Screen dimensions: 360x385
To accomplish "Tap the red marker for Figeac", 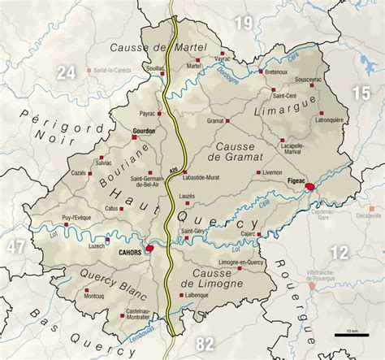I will (309, 189).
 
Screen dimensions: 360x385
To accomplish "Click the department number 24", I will (67, 73).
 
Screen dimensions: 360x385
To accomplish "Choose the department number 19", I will (244, 24).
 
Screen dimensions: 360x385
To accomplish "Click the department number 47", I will (16, 245).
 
